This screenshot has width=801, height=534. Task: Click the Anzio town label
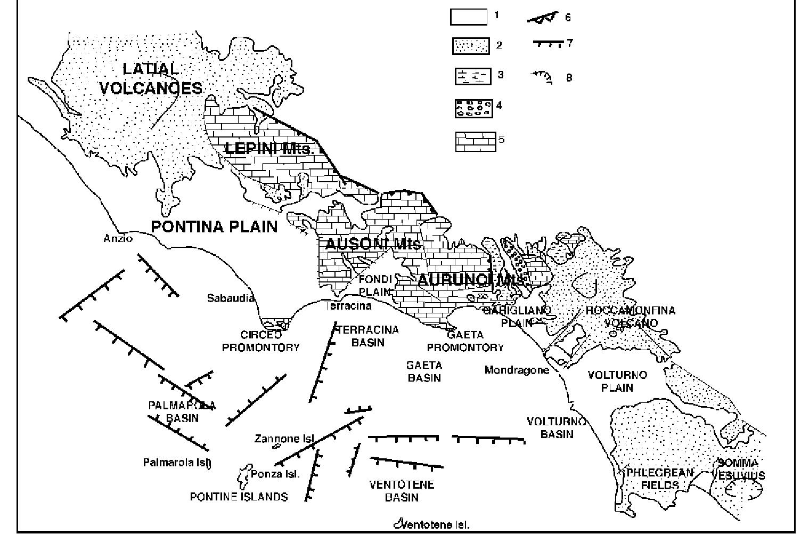pos(118,239)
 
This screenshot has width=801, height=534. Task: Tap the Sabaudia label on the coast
pos(231,298)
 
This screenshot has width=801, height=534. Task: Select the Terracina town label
pos(348,306)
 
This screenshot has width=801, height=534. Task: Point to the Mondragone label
pos(517,370)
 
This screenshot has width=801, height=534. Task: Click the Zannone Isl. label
pos(284,439)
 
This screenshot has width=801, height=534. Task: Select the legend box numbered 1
pos(469,17)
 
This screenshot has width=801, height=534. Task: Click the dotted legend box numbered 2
pos(471,46)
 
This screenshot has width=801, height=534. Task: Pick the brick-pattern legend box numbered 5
pos(475,142)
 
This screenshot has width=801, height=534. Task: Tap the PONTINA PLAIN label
pos(214,226)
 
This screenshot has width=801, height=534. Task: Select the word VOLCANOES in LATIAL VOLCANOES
pos(151,88)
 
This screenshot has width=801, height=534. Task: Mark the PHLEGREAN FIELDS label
pos(660,479)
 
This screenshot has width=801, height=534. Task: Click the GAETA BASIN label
pos(424,371)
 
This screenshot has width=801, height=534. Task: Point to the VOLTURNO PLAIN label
pos(617,381)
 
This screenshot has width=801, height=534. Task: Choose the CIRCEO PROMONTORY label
pos(260,342)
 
